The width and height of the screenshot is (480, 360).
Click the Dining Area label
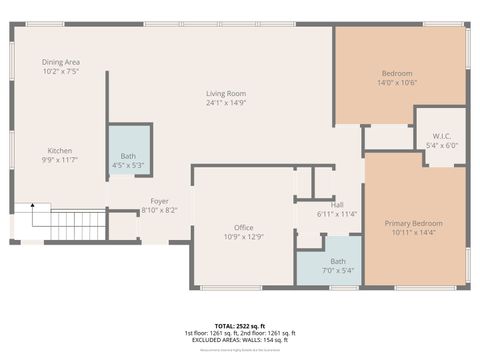point(61,62)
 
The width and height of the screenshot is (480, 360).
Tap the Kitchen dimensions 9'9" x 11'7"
point(60,160)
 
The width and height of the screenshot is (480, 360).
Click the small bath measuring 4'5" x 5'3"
point(129,160)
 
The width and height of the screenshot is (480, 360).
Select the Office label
point(243,228)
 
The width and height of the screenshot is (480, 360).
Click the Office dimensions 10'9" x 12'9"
point(243,238)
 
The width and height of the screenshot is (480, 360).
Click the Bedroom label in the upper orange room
point(397,73)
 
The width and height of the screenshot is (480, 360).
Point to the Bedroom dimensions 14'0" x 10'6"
point(397,83)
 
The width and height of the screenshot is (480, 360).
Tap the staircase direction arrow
point(32,207)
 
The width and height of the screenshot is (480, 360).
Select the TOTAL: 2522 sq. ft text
point(239,326)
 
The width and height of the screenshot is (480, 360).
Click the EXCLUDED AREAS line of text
point(239,341)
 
